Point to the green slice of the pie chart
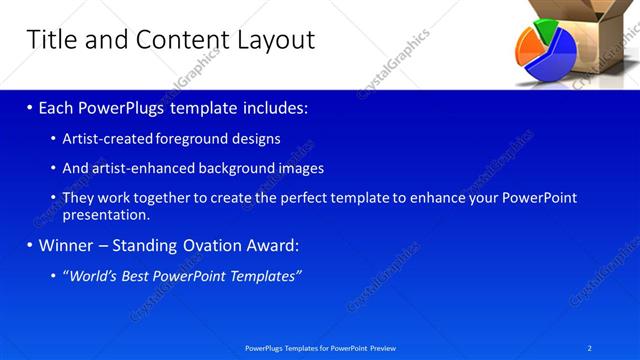tap(544, 29)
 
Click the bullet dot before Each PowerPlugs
tap(30, 106)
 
